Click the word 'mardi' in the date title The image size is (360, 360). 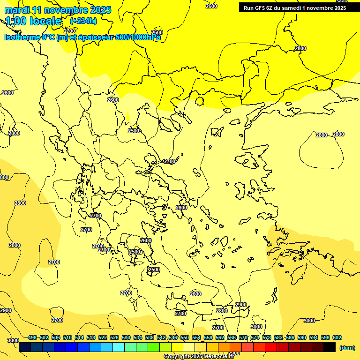15,10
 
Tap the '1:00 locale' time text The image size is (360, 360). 33,21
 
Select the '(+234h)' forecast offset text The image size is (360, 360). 83,21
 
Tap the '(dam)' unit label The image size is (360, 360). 347,348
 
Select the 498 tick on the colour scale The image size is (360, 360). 32,337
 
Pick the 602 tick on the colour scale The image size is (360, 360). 337,337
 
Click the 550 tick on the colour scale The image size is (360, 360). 185,337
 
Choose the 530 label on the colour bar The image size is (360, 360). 126,337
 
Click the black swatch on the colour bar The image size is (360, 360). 330,347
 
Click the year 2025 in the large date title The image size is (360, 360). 100,10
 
